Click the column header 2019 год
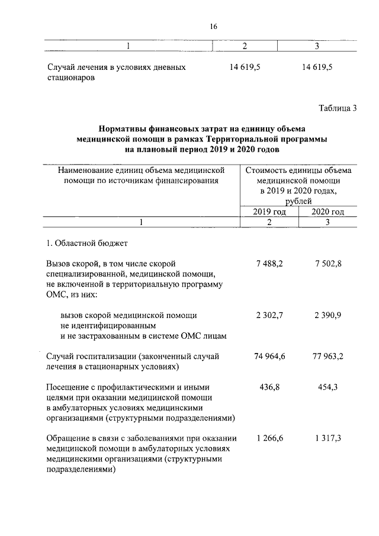(269, 212)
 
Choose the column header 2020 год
(327, 212)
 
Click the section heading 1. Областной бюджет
(87, 243)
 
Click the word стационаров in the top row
(70, 78)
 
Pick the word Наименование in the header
(83, 171)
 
